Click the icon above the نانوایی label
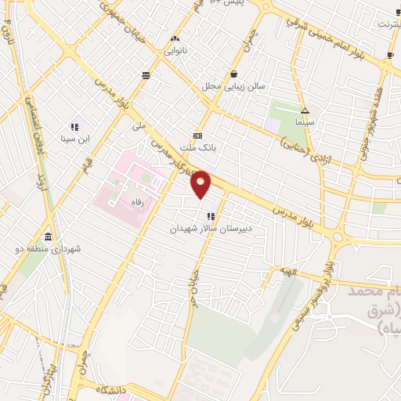[x=175, y=38]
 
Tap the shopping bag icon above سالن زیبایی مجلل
[x=234, y=74]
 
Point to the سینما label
[x=305, y=123]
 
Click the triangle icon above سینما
[x=305, y=110]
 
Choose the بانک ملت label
[x=198, y=146]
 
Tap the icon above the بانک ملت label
[x=198, y=135]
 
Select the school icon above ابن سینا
[x=74, y=126]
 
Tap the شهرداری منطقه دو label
[x=47, y=250]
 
